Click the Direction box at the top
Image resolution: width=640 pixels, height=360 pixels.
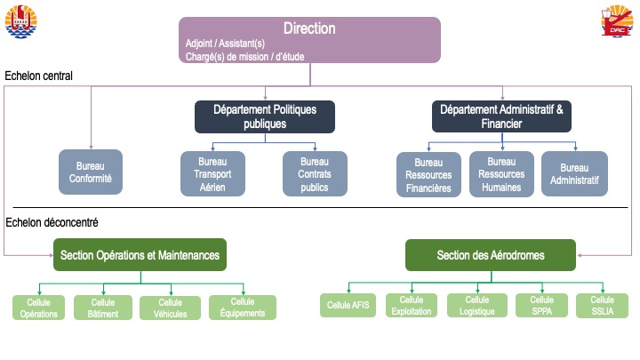[310, 40]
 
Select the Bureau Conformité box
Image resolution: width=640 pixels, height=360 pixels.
[91, 172]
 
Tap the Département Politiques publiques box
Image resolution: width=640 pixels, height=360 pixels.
[265, 116]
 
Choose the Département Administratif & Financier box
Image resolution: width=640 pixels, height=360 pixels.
[501, 116]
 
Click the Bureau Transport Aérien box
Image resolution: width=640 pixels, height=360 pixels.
[212, 174]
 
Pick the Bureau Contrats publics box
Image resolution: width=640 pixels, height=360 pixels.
[315, 174]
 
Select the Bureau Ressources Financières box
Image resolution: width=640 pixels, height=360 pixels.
[428, 175]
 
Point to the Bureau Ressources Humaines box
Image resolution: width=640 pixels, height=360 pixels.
[501, 174]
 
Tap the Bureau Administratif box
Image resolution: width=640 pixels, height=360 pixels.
[574, 174]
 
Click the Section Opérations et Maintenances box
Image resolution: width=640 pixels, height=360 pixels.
[140, 255]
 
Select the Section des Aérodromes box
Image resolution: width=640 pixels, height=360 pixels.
[491, 255]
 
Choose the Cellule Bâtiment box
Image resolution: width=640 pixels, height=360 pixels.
[103, 308]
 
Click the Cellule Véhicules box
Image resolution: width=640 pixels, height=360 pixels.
[170, 308]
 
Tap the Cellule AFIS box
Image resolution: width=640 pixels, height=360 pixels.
[348, 305]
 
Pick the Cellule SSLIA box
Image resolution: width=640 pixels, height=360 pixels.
[602, 305]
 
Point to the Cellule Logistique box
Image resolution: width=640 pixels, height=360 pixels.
[477, 305]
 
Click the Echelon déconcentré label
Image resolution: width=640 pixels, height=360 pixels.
[52, 222]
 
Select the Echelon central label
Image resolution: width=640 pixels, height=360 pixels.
[39, 76]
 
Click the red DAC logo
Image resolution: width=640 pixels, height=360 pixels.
[616, 20]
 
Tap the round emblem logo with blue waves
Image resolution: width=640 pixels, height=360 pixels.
[20, 21]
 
